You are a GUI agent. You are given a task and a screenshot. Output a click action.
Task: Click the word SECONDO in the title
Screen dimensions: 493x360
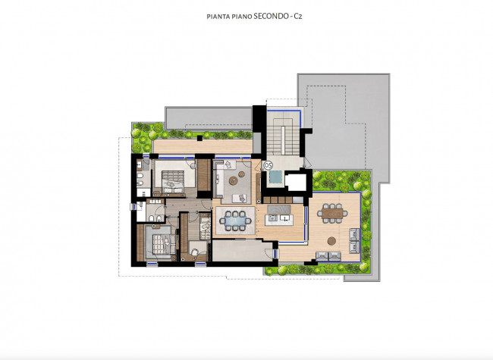point(271,16)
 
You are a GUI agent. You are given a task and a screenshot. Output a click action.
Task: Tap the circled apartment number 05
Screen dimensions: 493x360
point(268,165)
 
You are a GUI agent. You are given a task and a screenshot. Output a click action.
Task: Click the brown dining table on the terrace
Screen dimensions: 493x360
point(332,214)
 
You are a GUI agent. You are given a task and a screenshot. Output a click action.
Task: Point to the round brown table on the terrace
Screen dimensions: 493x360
point(331,241)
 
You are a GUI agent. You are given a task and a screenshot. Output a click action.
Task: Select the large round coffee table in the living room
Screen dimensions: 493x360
point(234,180)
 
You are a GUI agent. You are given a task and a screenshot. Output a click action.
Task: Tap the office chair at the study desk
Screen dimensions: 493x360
point(194,252)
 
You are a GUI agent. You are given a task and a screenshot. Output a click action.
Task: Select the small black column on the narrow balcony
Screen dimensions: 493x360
point(199,138)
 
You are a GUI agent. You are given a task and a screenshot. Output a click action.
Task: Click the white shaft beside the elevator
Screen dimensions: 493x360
point(296,182)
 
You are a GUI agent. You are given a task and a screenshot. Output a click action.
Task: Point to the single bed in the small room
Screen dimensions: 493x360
point(206,226)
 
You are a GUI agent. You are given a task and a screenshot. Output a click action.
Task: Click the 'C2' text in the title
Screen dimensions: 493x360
point(298,17)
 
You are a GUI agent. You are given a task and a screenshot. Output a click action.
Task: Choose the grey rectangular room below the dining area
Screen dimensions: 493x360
point(241,250)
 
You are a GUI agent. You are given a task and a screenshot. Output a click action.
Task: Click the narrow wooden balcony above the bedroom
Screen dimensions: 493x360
point(203,146)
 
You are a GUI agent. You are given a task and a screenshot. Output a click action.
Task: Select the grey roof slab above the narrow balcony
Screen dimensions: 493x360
point(209,118)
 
